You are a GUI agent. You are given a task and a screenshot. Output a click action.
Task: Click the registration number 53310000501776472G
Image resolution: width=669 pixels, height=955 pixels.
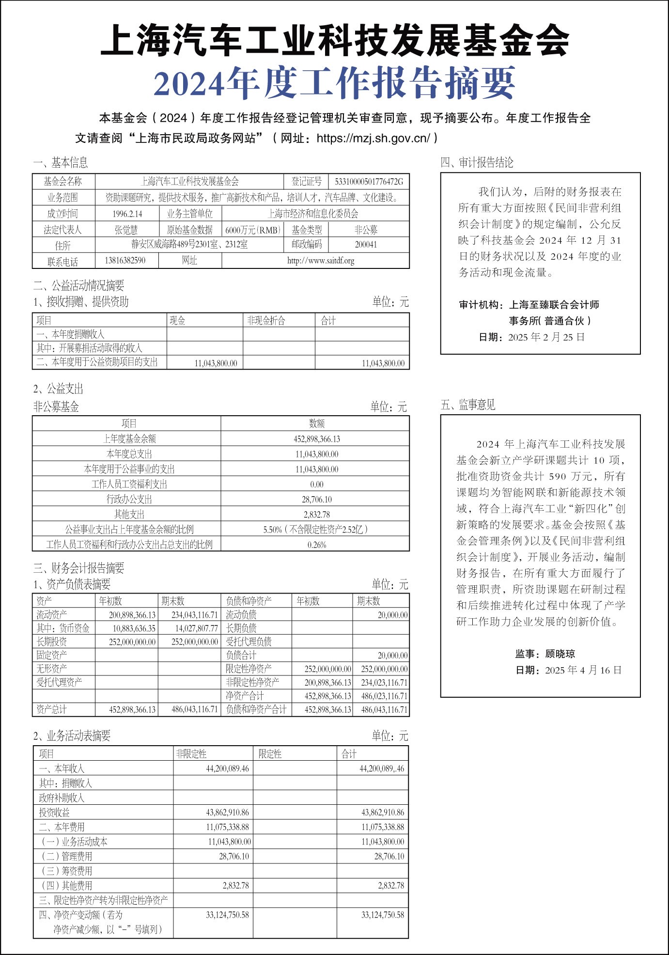pyautogui.click(x=369, y=182)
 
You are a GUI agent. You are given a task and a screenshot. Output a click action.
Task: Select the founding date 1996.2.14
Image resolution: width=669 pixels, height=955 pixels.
pyautogui.click(x=127, y=214)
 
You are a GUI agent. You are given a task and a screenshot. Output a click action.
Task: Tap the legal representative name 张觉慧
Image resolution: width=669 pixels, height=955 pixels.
pyautogui.click(x=126, y=230)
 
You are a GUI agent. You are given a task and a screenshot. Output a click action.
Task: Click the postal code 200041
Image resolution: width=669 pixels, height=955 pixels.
pyautogui.click(x=366, y=245)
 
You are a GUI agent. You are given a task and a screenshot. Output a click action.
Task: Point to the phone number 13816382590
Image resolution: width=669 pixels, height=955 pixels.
pyautogui.click(x=125, y=261)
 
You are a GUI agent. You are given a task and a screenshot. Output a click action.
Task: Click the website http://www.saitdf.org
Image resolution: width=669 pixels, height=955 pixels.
pyautogui.click(x=320, y=261)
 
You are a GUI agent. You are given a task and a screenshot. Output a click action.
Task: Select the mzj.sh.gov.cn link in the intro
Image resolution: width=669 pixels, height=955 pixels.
pyautogui.click(x=373, y=139)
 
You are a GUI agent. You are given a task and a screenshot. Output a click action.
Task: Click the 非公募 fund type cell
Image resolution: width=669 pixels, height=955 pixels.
pyautogui.click(x=366, y=230)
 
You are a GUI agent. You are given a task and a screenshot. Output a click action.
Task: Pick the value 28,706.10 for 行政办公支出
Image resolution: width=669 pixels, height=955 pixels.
pyautogui.click(x=316, y=500)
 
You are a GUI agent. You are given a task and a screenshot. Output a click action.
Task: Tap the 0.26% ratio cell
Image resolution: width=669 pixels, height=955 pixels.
pyautogui.click(x=316, y=545)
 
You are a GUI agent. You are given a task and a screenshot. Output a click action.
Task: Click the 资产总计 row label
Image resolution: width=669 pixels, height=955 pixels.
pyautogui.click(x=51, y=709)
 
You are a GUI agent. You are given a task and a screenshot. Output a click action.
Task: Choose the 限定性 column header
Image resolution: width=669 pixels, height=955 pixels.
pyautogui.click(x=270, y=754)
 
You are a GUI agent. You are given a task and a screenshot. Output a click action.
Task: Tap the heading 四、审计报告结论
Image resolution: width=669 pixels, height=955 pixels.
pyautogui.click(x=477, y=163)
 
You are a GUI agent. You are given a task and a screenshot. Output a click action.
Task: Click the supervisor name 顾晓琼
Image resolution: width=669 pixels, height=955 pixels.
pyautogui.click(x=560, y=654)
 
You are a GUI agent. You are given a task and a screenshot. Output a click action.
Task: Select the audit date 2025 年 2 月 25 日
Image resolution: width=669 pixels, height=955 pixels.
pyautogui.click(x=546, y=337)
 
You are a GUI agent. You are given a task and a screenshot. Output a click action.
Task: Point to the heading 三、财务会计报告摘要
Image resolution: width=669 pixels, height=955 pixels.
pyautogui.click(x=78, y=568)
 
